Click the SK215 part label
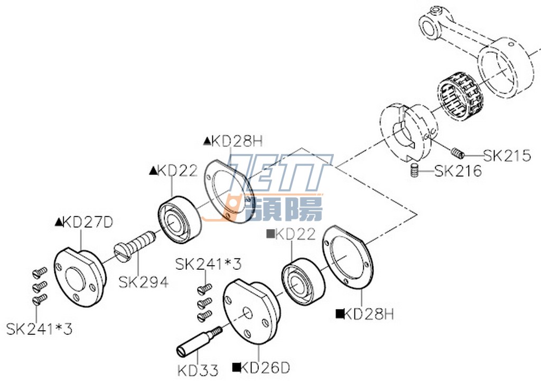(507, 156)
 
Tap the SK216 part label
(458, 171)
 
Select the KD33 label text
(197, 369)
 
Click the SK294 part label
(143, 283)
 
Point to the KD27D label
(85, 222)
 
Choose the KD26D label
(261, 367)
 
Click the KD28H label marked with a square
(365, 314)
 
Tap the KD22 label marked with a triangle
(174, 170)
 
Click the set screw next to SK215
(458, 154)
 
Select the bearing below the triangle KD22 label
(180, 220)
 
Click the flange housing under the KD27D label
(79, 275)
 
